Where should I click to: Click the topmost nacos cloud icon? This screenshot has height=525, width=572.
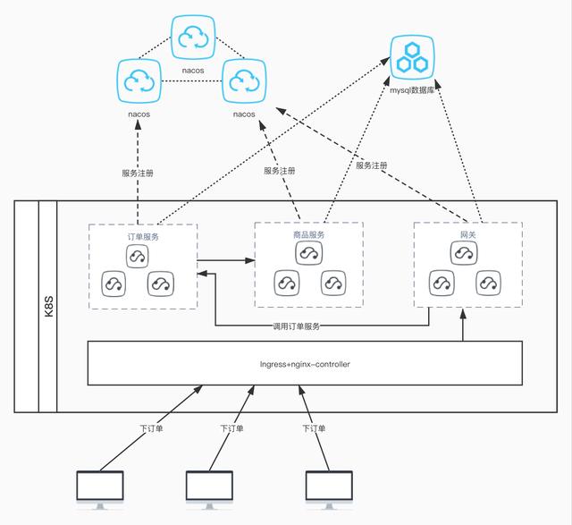click(x=193, y=37)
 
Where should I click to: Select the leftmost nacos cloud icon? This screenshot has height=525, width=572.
click(x=138, y=81)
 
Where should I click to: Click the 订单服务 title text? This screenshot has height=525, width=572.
click(x=142, y=236)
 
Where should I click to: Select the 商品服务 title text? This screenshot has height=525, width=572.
click(x=308, y=235)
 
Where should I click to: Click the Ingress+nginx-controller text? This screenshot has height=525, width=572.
click(x=304, y=364)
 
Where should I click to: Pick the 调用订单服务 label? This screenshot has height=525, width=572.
click(x=298, y=326)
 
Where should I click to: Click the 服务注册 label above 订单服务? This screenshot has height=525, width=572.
click(x=137, y=174)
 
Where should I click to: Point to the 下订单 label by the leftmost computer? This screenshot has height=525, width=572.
click(x=151, y=428)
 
